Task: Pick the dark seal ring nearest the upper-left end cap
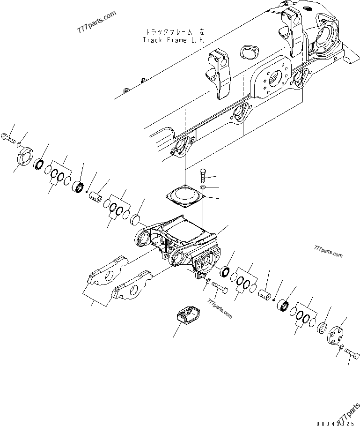click(x=39, y=165)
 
